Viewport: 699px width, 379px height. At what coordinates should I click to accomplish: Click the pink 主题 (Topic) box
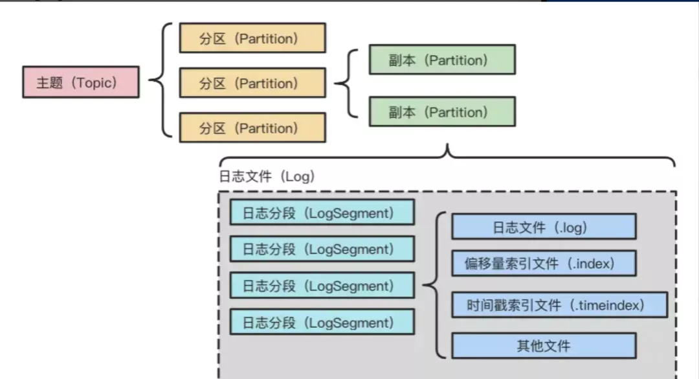click(80, 82)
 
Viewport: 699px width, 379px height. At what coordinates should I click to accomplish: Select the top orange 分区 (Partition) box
click(252, 38)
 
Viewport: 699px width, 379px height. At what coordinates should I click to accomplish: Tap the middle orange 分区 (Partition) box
click(252, 83)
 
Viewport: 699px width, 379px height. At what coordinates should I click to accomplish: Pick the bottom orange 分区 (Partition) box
click(252, 128)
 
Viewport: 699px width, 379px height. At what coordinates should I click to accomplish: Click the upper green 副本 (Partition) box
click(442, 60)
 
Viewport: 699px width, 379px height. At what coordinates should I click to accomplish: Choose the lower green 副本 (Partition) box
click(442, 111)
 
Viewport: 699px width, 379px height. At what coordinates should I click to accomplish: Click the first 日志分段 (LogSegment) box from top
click(322, 212)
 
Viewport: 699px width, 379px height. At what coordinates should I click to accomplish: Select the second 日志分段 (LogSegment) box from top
click(322, 249)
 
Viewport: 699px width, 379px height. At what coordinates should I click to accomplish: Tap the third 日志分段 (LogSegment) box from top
click(322, 286)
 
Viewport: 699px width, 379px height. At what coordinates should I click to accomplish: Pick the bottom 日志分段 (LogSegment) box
click(322, 322)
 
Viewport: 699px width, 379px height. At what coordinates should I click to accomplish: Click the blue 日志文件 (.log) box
click(544, 227)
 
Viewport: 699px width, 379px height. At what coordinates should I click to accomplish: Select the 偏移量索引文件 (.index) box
click(544, 263)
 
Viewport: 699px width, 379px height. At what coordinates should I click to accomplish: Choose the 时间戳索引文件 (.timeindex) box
click(559, 304)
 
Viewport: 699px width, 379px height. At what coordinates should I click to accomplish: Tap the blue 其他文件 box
click(544, 345)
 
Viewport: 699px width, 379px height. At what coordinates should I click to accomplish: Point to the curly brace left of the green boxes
click(347, 83)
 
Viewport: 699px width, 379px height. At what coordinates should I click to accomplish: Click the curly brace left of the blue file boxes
click(436, 285)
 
